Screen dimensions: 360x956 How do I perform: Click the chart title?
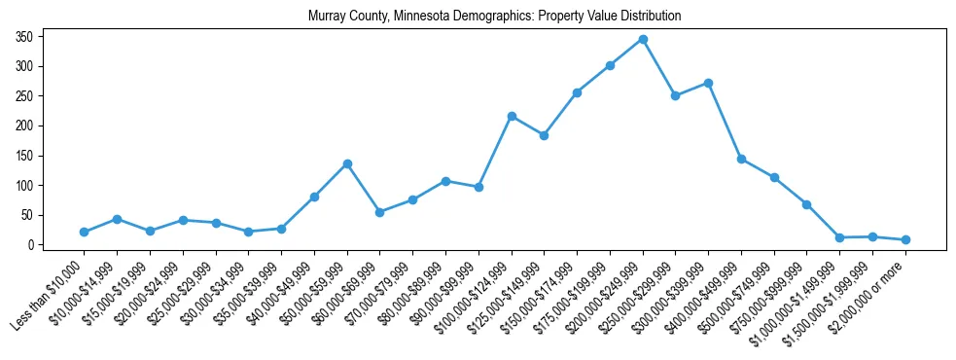[494, 17]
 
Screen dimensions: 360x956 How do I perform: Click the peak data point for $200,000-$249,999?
[643, 40]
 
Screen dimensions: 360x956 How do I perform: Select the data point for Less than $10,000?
[85, 232]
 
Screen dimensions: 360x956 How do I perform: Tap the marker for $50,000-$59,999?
[347, 163]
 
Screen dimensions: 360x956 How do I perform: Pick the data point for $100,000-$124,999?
[512, 116]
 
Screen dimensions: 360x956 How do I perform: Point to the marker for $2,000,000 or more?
[905, 239]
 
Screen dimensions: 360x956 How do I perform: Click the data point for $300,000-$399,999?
[708, 83]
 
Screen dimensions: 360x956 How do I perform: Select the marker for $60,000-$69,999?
[379, 212]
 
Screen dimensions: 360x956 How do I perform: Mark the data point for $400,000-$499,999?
[741, 159]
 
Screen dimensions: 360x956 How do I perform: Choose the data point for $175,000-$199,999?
[610, 65]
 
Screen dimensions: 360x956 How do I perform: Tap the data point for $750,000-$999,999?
[807, 204]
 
